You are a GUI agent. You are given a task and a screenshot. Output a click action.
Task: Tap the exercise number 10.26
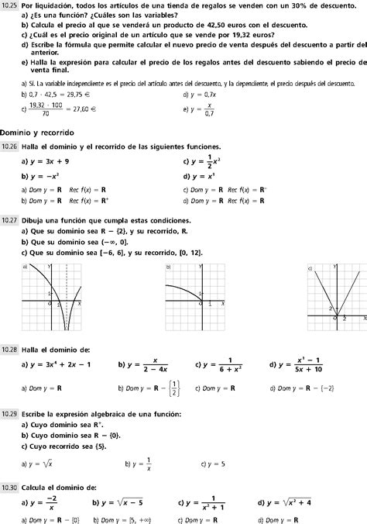[x=10, y=147]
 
